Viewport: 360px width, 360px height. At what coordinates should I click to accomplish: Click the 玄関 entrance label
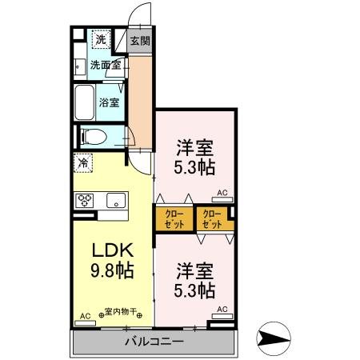[141, 40]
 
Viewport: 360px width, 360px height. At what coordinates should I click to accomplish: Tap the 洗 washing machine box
[101, 39]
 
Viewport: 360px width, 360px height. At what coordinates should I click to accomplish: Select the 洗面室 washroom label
[104, 65]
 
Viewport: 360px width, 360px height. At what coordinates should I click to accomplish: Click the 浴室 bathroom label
[110, 102]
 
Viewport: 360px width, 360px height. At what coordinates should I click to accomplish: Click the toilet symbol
[90, 137]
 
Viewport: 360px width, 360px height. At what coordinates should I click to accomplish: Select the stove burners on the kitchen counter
[85, 201]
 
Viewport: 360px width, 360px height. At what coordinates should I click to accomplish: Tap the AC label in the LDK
[84, 316]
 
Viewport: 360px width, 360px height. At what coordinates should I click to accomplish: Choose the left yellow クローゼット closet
[174, 218]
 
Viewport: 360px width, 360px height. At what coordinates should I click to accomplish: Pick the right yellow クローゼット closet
[213, 218]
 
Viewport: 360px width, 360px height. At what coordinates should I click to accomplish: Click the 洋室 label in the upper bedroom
[194, 147]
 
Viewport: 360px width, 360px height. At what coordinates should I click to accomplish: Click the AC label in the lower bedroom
[222, 309]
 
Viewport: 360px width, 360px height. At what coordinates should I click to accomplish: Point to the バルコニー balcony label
[154, 342]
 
